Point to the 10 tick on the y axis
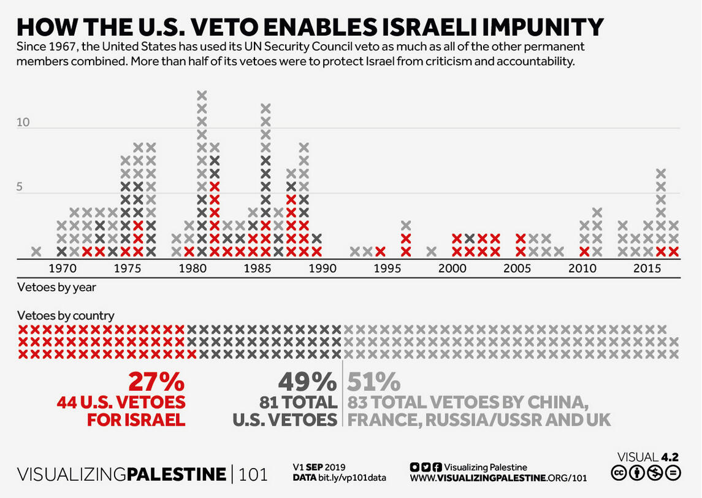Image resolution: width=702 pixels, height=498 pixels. [23, 122]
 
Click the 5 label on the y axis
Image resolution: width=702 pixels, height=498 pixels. [20, 187]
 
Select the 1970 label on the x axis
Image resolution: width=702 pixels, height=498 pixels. [62, 269]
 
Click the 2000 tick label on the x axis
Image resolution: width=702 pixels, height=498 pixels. [452, 269]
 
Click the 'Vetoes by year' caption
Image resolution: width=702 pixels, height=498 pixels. [56, 286]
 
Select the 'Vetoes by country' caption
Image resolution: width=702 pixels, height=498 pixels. [66, 316]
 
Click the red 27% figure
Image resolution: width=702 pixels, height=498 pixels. [156, 382]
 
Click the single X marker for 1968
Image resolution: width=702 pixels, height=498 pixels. [36, 251]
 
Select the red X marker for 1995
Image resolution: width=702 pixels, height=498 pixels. [381, 251]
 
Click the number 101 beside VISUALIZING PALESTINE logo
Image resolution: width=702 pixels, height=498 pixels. [253, 474]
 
